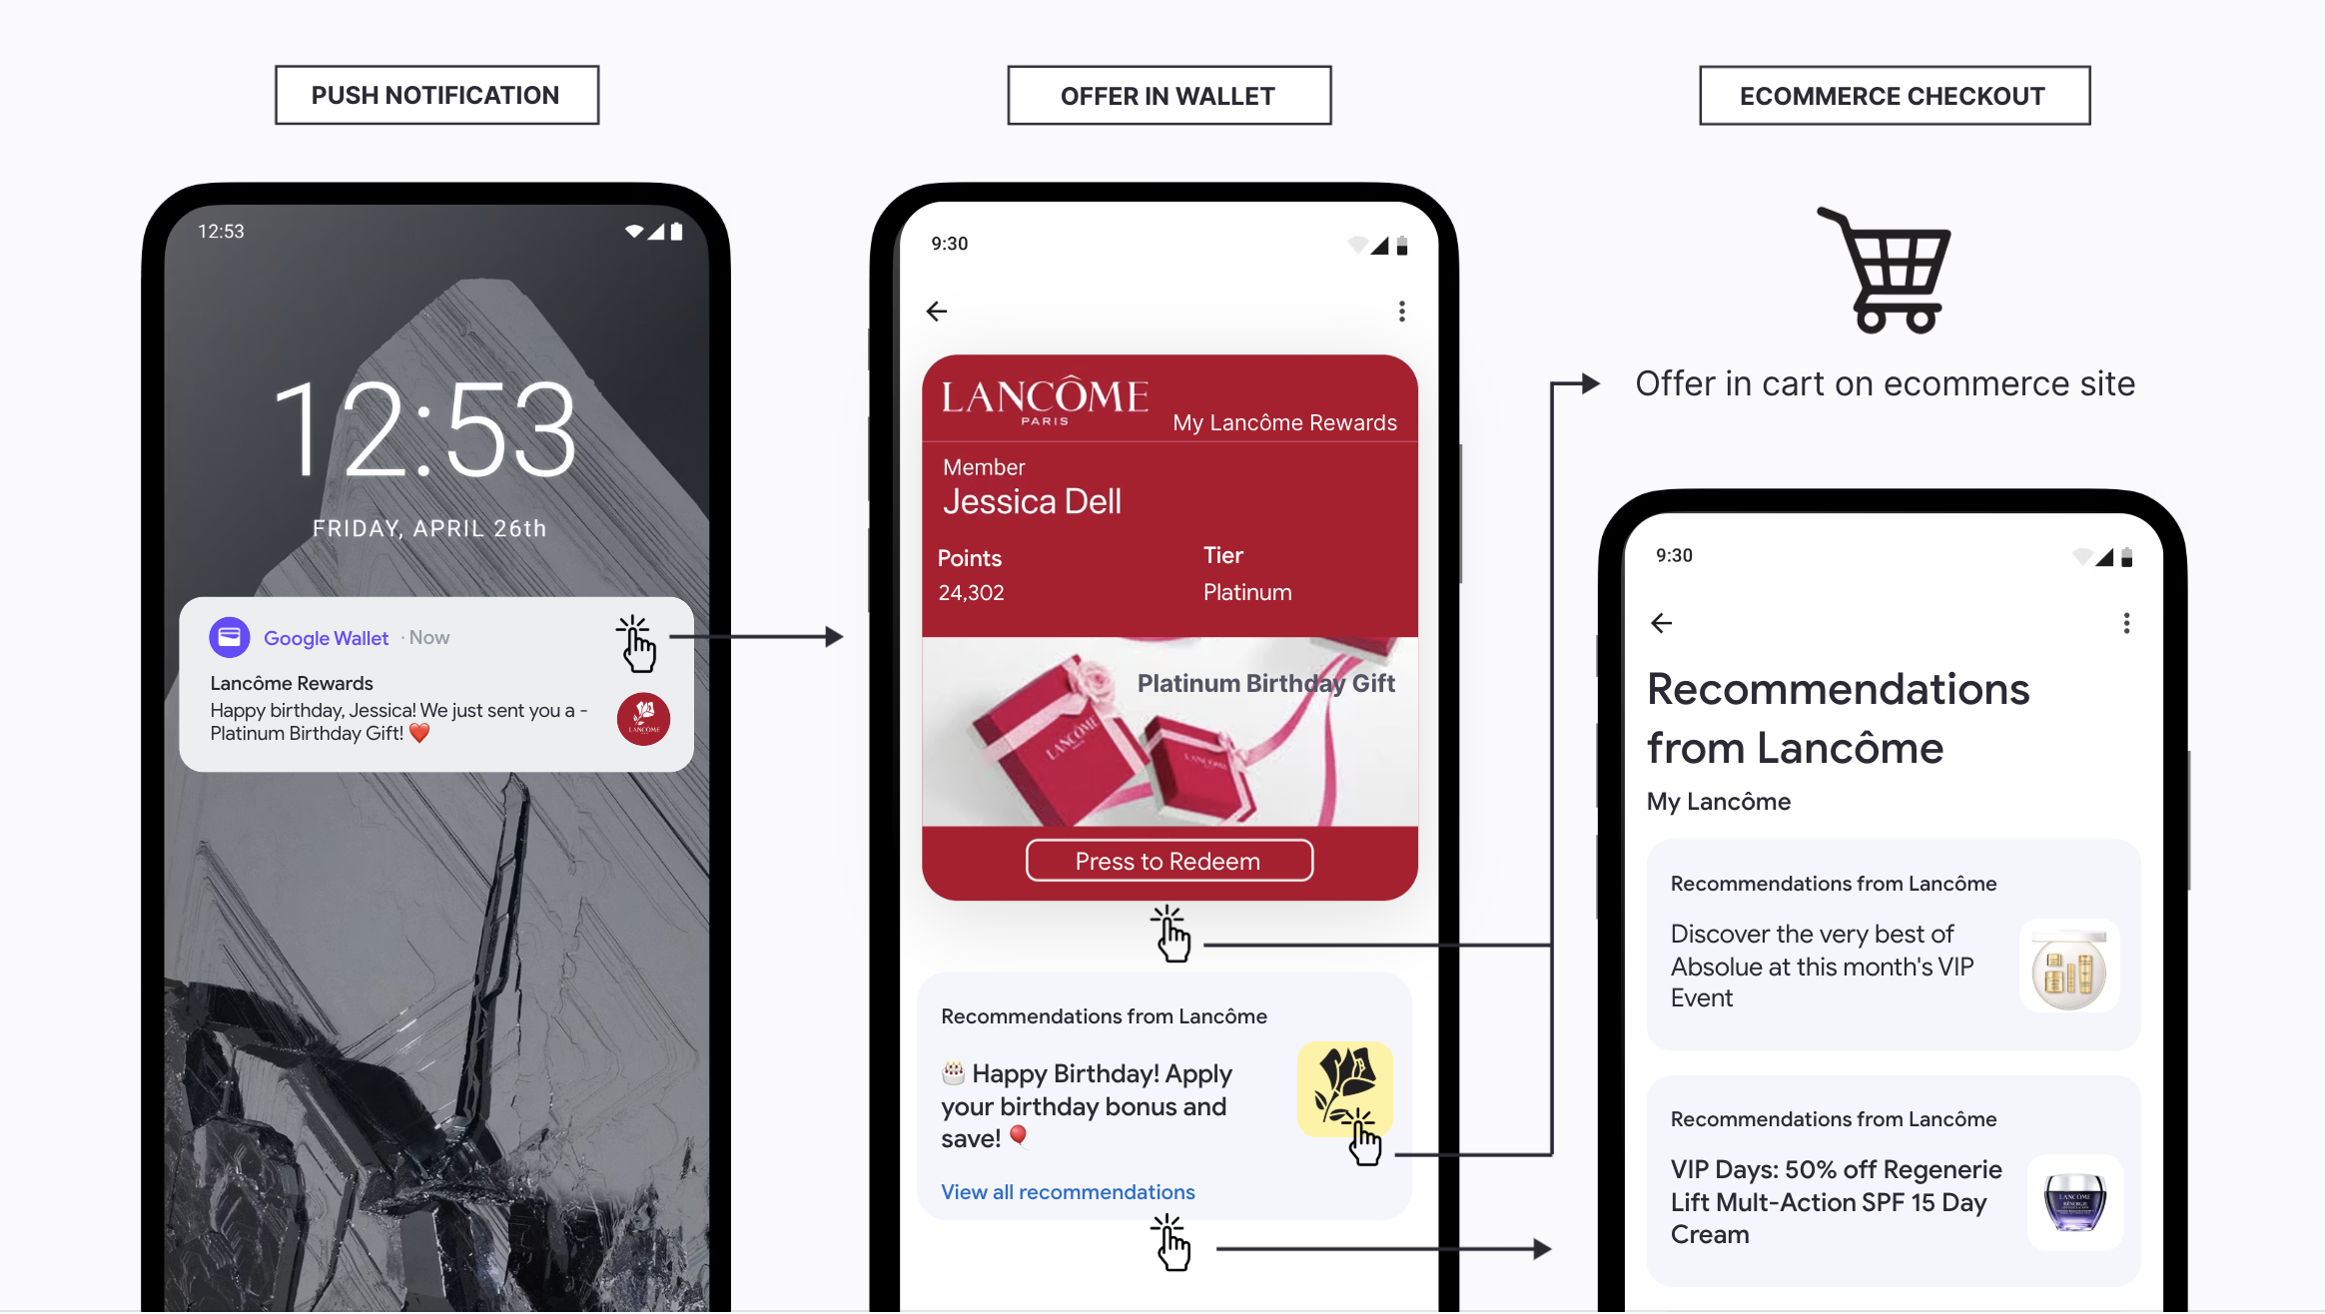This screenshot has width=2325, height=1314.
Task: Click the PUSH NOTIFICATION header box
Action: [436, 96]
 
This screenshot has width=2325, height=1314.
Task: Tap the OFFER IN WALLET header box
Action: [1168, 96]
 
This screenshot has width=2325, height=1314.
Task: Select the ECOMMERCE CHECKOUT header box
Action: [1895, 96]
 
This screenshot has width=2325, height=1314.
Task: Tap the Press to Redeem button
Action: [1168, 861]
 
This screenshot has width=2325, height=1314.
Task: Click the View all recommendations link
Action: [1068, 1191]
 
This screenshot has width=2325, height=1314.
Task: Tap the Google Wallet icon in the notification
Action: [230, 637]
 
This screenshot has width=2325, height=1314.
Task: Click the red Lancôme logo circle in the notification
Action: [643, 719]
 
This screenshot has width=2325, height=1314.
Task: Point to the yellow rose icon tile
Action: [1344, 1088]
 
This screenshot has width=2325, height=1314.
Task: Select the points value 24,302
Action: [971, 593]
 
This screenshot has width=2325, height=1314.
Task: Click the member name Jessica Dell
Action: [1032, 501]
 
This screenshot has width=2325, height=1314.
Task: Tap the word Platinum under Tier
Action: [1247, 593]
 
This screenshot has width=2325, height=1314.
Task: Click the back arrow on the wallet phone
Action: [937, 312]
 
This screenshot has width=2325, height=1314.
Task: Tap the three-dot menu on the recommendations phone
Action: [2126, 623]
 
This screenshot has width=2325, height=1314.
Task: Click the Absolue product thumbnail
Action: [2068, 967]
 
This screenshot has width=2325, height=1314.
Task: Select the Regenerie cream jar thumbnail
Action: [2075, 1202]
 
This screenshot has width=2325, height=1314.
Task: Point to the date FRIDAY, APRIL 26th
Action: [429, 528]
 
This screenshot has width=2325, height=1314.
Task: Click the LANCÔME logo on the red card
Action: [1045, 399]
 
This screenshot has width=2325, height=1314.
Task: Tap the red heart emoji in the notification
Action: [419, 734]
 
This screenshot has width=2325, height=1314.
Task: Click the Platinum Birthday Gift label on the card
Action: [1265, 684]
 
